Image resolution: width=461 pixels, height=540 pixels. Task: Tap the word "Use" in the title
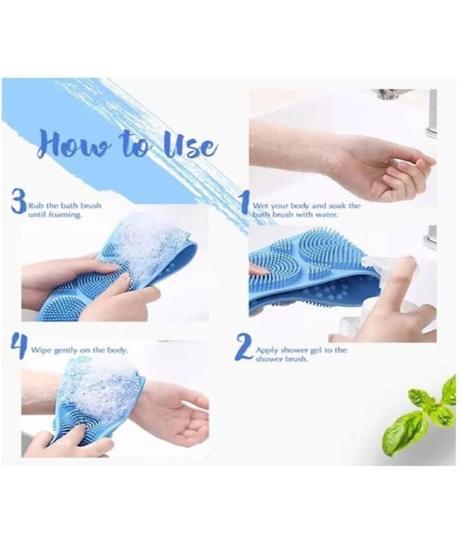tap(190, 146)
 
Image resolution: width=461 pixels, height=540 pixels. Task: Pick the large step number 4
tap(20, 345)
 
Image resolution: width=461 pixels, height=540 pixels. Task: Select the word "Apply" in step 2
tap(267, 350)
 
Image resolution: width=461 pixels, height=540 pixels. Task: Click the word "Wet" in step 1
tap(261, 206)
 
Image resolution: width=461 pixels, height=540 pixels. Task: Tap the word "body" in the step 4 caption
tap(117, 350)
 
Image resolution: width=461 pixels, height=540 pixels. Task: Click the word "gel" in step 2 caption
tap(316, 350)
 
